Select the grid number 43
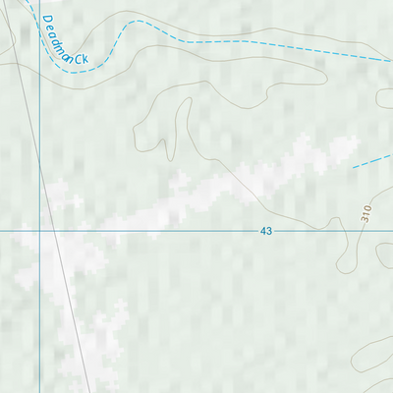[x=266, y=231]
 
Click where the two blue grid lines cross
[x=39, y=231]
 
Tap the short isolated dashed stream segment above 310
[x=370, y=160]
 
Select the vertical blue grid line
[x=39, y=314]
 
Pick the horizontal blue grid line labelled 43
[x=177, y=231]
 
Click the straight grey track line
[x=64, y=295]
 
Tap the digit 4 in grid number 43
[x=263, y=231]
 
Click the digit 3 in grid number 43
[x=269, y=231]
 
